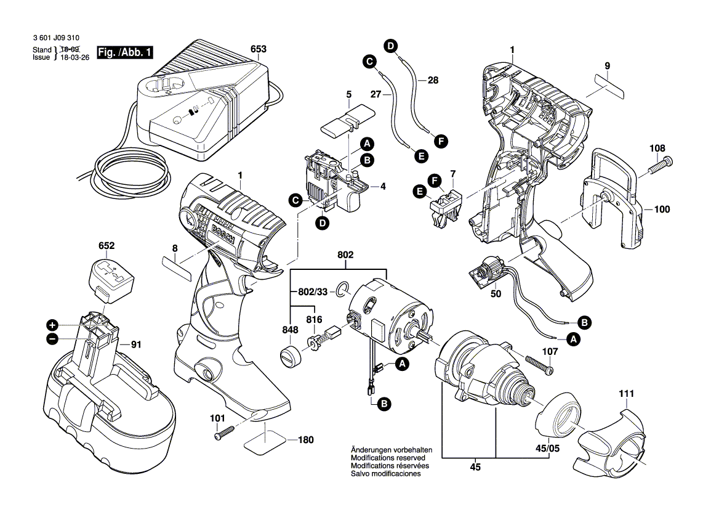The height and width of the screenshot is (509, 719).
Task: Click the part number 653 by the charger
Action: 258,49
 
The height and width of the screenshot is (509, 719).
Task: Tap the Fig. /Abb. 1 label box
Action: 125,53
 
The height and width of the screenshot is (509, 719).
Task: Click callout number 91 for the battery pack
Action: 136,344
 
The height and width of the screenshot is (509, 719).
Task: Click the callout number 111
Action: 626,393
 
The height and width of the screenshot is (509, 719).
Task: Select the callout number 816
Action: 314,319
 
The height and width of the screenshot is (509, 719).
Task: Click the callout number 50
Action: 496,294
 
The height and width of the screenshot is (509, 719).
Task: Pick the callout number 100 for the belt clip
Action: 661,210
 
